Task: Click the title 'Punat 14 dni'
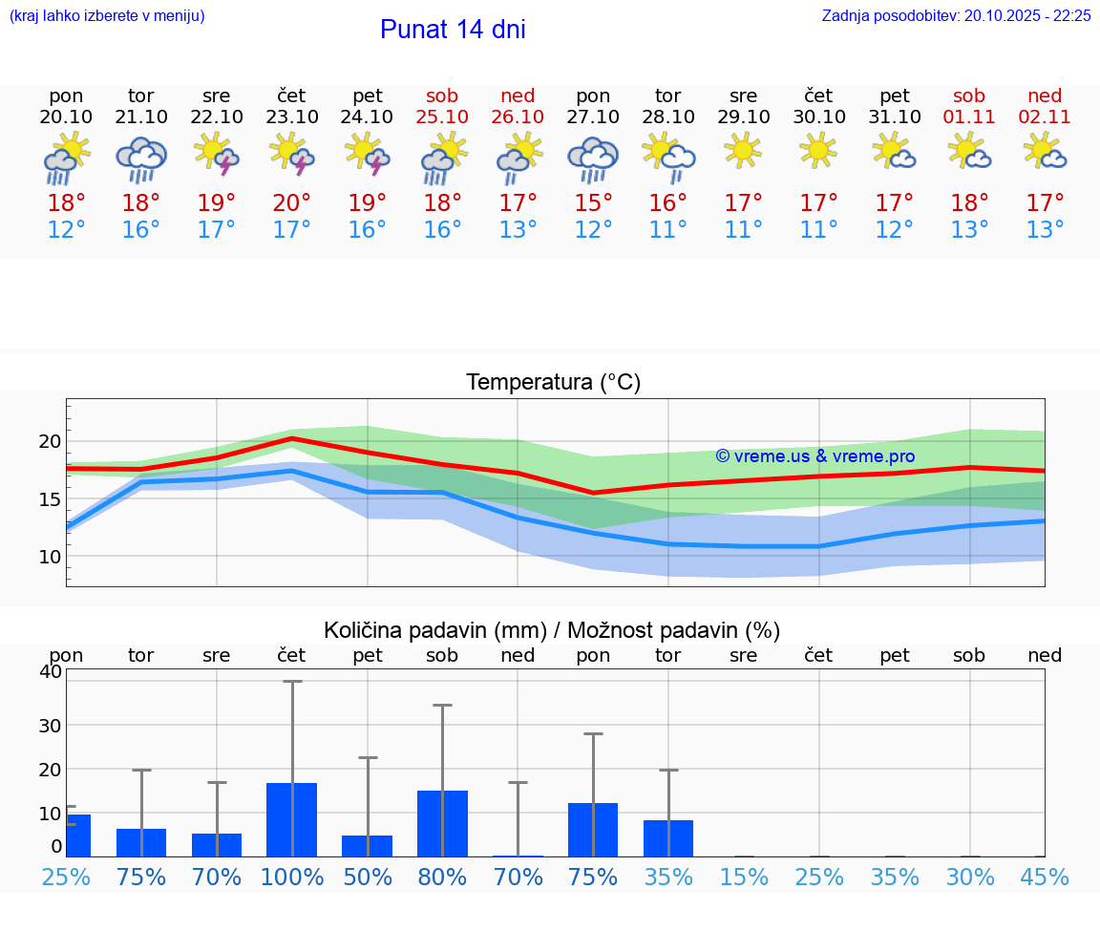pos(453,30)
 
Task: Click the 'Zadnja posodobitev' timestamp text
pos(956,15)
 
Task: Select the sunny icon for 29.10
pos(743,151)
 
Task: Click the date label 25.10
pos(443,116)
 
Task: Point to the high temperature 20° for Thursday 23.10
pos(292,203)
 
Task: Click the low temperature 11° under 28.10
pos(668,230)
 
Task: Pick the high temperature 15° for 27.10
pos(593,203)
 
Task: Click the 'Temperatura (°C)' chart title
pos(553,382)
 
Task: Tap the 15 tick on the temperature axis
pos(50,498)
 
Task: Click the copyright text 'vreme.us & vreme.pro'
pos(815,456)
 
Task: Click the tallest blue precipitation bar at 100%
pos(291,819)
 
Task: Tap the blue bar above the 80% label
pos(442,823)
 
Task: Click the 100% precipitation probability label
pos(292,877)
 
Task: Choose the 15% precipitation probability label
pos(743,877)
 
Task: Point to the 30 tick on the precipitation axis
pos(50,725)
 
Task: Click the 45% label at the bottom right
pos(1045,877)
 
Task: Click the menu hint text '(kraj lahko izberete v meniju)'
pos(107,15)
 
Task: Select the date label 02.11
pos(1045,116)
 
